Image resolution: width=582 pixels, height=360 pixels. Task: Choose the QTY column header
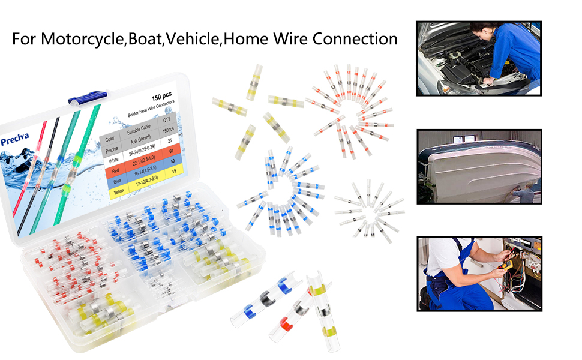tap(166, 119)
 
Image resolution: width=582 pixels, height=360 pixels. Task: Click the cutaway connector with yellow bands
tap(322, 312)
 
